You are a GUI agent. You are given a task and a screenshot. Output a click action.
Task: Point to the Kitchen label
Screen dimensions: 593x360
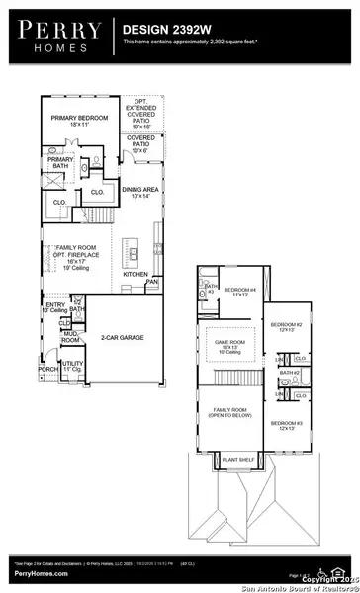coord(136,274)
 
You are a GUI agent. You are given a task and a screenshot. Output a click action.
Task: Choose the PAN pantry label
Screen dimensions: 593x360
coord(151,282)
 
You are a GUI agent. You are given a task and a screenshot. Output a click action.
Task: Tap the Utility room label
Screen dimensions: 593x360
coord(71,366)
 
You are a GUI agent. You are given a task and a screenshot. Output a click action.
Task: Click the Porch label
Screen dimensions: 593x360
coord(47,371)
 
